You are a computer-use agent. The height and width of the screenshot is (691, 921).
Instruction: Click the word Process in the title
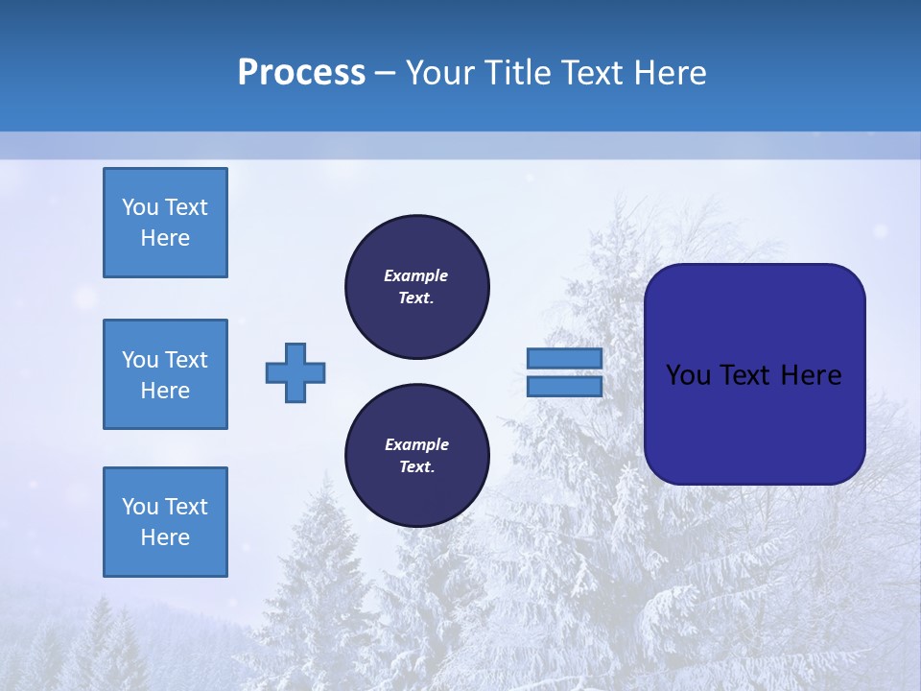coord(301,73)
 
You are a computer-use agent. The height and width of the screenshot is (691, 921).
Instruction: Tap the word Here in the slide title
coord(671,73)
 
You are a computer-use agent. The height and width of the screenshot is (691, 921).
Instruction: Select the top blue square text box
coord(165,223)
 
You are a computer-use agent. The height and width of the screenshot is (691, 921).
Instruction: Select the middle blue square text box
coord(165,374)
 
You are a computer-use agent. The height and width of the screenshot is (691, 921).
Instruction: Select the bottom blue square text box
coord(165,521)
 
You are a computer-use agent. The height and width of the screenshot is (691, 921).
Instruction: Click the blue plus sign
coord(295,372)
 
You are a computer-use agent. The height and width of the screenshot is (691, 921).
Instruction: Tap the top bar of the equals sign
coord(564,358)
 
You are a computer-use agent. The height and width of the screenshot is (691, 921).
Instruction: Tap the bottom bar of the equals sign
coord(564,386)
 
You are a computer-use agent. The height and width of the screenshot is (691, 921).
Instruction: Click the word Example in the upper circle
coord(416,275)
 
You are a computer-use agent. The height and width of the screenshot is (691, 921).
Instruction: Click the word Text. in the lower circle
coord(416,467)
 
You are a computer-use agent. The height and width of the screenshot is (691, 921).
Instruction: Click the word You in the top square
coord(141,207)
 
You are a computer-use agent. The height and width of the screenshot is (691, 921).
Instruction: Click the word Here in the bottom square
coord(165,537)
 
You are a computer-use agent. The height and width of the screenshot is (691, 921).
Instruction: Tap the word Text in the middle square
coord(186,360)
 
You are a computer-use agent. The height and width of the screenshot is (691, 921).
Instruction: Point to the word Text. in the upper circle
coord(416,298)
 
